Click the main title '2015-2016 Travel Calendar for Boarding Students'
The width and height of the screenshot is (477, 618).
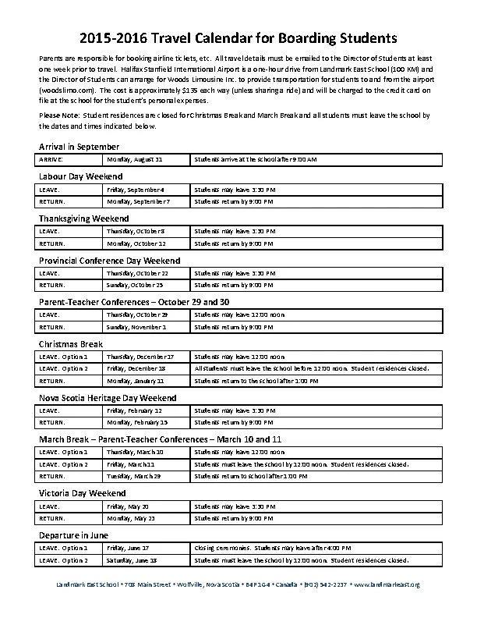click(x=238, y=37)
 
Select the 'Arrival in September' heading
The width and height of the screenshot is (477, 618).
click(x=79, y=147)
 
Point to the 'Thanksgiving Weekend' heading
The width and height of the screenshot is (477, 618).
click(x=83, y=218)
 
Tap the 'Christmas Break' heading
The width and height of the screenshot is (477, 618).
click(x=71, y=344)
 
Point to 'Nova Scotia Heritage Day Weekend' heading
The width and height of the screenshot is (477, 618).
click(x=108, y=398)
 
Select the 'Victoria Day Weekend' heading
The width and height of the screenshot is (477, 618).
click(x=82, y=494)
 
